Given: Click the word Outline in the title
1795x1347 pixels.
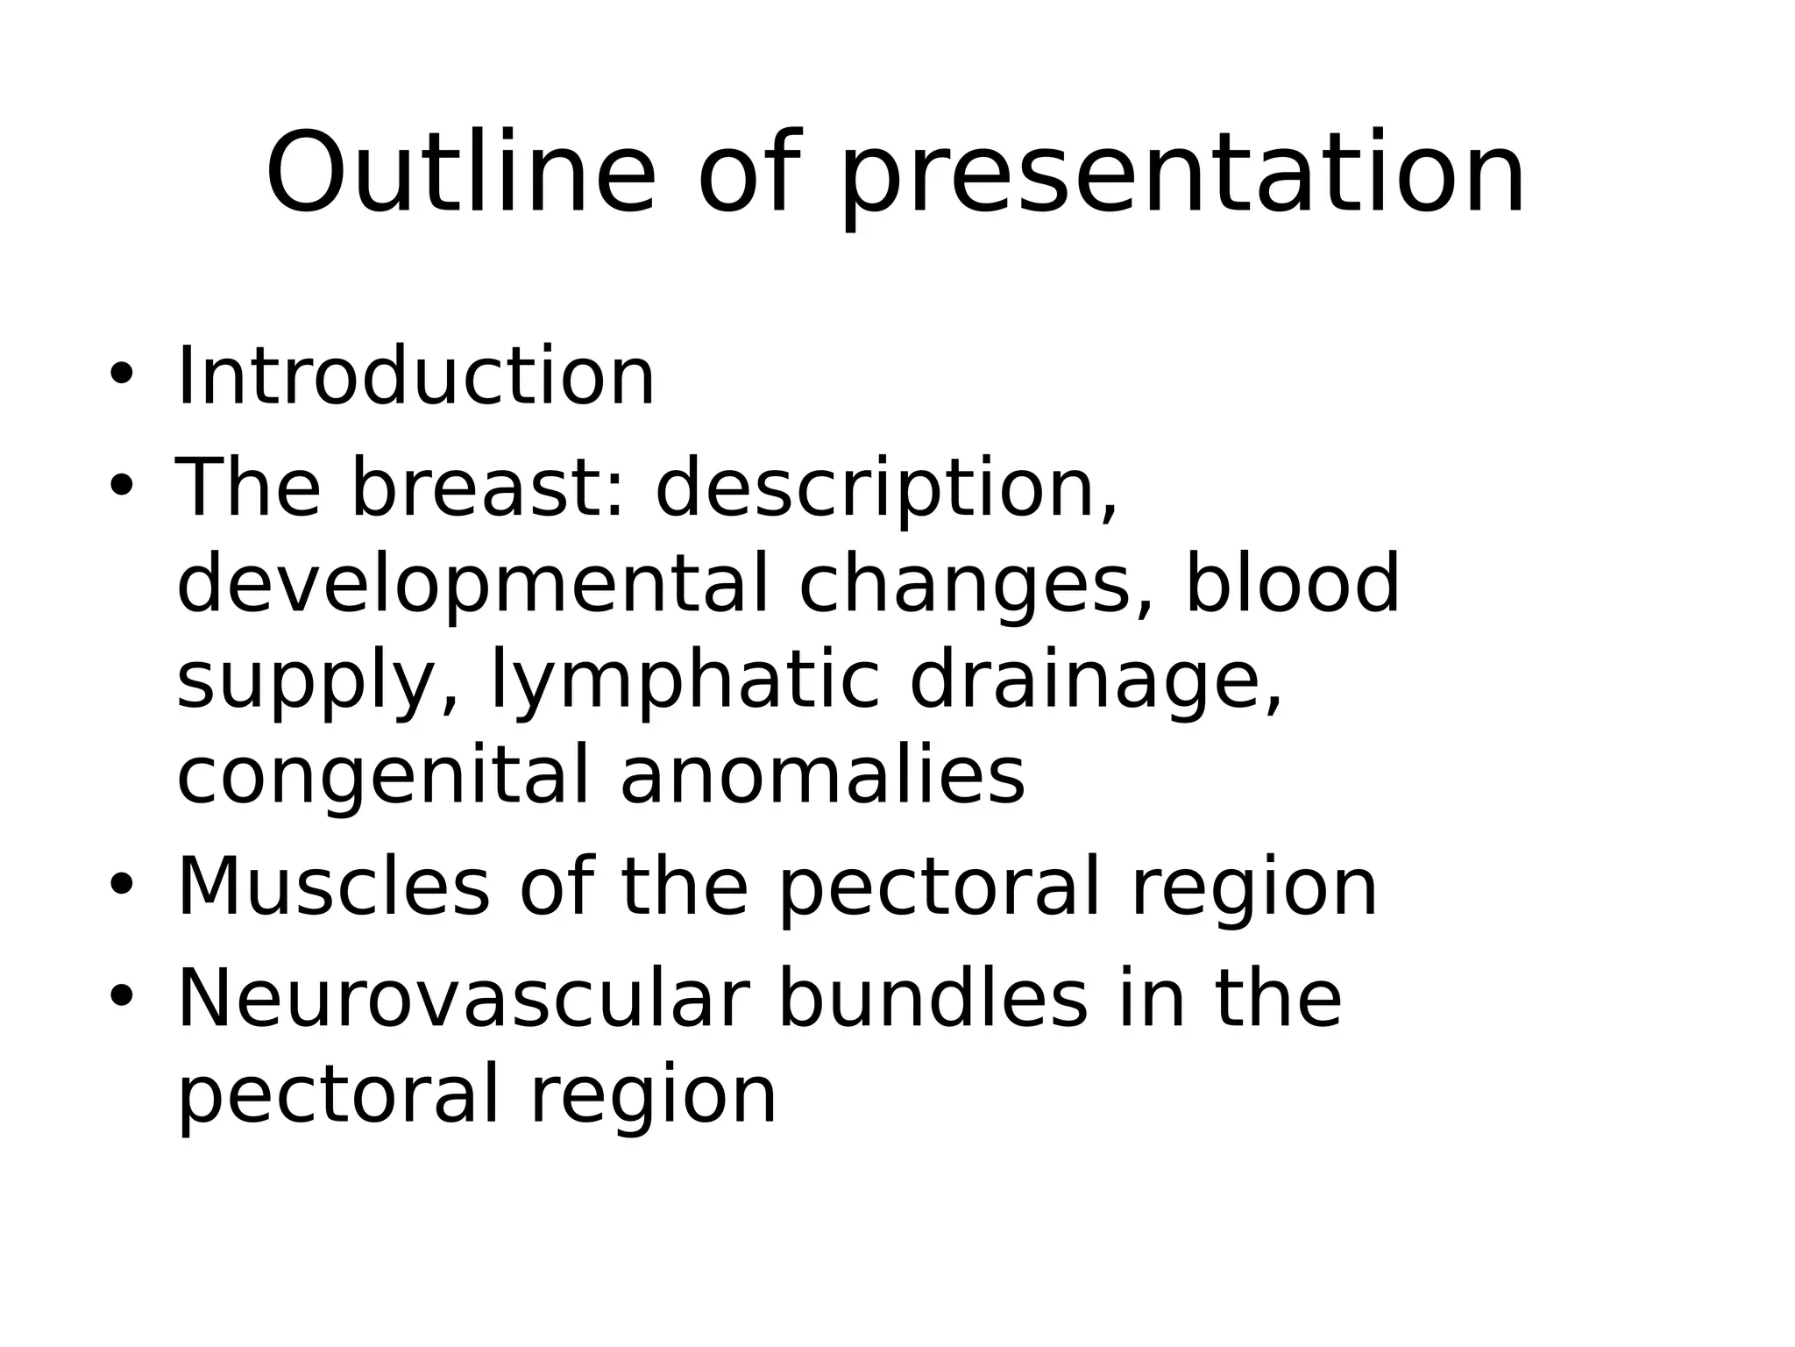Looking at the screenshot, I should point(460,174).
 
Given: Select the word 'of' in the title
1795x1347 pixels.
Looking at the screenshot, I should point(749,174).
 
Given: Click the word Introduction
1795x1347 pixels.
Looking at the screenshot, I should point(415,377).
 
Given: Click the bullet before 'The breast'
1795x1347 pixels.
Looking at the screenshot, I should point(121,485).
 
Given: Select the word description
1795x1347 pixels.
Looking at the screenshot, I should point(886,491).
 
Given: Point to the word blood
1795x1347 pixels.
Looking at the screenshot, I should point(1292,583).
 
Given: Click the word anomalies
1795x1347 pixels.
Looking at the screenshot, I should point(822,776).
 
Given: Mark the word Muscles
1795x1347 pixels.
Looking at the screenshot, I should point(333,887).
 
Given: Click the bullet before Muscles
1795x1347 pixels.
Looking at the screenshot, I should point(121,884).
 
